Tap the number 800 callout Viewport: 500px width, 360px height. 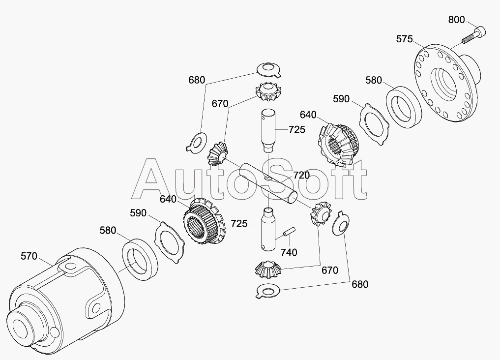point(456,20)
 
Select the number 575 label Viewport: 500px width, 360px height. point(404,39)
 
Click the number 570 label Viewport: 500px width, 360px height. point(29,256)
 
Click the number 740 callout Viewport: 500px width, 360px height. point(289,252)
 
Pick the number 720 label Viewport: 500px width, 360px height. point(301,175)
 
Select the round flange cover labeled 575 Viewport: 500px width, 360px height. point(445,84)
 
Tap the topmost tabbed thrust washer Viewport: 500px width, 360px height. point(268,69)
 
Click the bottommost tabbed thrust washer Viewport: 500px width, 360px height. point(268,292)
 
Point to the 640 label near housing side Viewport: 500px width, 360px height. point(168,199)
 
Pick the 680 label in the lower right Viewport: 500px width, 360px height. point(359,284)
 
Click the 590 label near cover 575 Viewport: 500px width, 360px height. point(341,99)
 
